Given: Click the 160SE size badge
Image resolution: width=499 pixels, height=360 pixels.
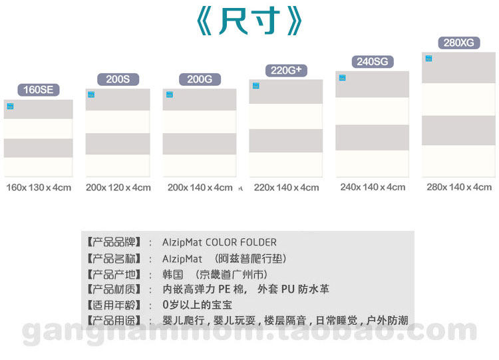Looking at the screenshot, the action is [38, 90].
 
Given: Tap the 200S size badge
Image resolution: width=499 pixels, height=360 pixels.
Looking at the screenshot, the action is [118, 79].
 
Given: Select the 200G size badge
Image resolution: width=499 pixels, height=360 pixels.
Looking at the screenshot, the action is [200, 79].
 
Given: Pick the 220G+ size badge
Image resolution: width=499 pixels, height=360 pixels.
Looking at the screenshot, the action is [286, 70].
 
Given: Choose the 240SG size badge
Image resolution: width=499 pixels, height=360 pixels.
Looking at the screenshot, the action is [373, 62].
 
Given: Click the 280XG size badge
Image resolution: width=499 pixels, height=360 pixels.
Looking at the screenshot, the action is [459, 43].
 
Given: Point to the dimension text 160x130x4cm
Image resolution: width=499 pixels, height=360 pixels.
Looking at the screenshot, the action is [39, 188].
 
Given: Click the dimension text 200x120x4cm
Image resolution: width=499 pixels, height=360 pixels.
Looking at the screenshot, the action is [118, 188].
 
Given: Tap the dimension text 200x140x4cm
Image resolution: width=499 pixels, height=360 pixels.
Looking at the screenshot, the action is [200, 188].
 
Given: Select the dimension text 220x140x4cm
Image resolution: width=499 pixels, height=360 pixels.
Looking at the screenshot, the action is [287, 188].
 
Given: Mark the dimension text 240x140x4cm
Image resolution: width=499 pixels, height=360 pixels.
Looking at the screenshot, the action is [373, 187].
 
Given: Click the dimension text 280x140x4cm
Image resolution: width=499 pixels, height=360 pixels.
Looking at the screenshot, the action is [459, 187].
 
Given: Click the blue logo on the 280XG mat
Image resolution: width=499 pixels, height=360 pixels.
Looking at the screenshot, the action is [429, 59].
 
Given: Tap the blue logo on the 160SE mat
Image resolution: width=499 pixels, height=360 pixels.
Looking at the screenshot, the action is [10, 106].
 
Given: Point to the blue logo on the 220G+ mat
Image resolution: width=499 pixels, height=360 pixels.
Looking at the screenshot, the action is [256, 86].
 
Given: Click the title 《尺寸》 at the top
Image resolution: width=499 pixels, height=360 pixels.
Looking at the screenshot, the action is [249, 22].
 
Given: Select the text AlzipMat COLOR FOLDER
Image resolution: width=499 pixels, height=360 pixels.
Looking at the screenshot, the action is [220, 242].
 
